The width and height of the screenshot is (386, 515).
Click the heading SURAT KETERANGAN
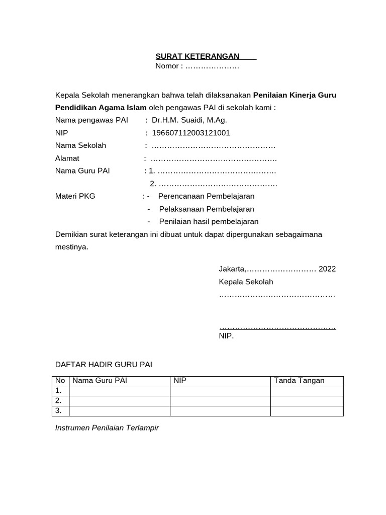pyautogui.click(x=198, y=56)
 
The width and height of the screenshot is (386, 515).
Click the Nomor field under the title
pyautogui.click(x=197, y=66)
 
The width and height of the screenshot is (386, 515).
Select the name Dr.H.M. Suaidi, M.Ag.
pyautogui.click(x=189, y=120)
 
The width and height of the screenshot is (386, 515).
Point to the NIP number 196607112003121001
pyautogui.click(x=190, y=133)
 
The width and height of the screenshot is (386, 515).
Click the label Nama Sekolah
pyautogui.click(x=80, y=145)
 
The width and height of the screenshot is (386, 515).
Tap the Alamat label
pyautogui.click(x=67, y=158)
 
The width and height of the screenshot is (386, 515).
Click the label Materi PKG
pyautogui.click(x=75, y=196)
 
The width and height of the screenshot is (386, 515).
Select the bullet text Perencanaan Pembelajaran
pyautogui.click(x=206, y=196)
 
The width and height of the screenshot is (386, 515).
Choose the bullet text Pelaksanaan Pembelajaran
pyautogui.click(x=207, y=209)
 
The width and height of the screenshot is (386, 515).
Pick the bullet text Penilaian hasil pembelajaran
pyautogui.click(x=209, y=221)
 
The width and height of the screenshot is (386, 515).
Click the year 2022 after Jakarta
pyautogui.click(x=327, y=269)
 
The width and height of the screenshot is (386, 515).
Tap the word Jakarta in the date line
pyautogui.click(x=232, y=269)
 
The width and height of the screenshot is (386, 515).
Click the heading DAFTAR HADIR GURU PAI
pyautogui.click(x=104, y=364)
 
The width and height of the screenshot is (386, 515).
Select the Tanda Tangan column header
pyautogui.click(x=299, y=381)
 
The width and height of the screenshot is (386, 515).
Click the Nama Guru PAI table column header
pyautogui.click(x=100, y=381)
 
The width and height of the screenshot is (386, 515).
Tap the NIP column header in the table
pyautogui.click(x=180, y=381)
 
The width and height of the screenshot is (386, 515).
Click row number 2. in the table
pyautogui.click(x=59, y=401)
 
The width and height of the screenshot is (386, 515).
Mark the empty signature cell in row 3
pyautogui.click(x=307, y=411)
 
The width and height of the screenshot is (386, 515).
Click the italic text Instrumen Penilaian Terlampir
pyautogui.click(x=107, y=428)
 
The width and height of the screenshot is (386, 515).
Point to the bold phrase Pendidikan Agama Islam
pyautogui.click(x=101, y=107)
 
